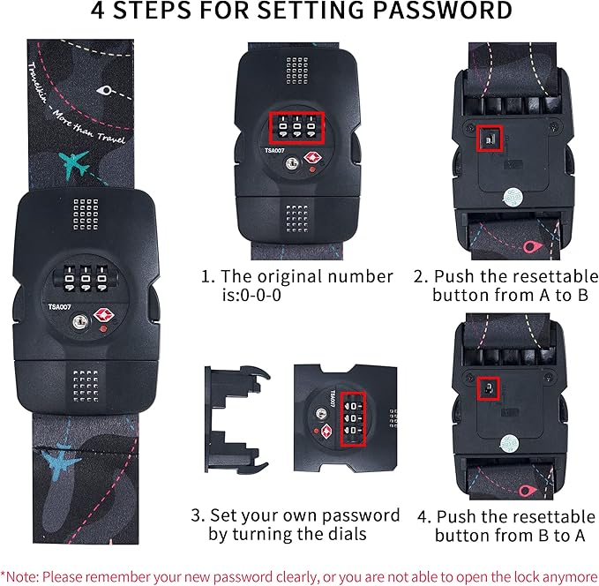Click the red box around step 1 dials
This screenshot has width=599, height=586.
297,128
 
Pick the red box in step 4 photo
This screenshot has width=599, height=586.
488,387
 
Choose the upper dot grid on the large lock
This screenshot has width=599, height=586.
86,211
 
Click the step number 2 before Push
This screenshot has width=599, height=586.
419,276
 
